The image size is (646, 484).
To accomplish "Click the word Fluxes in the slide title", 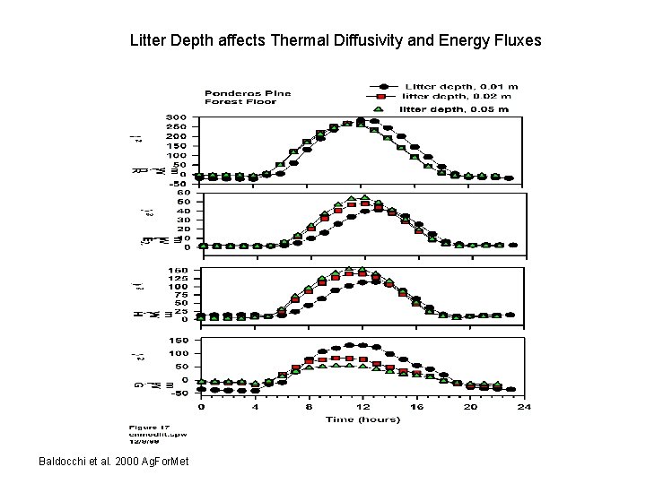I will click(x=515, y=40).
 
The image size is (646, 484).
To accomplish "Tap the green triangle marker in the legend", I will click(x=379, y=109).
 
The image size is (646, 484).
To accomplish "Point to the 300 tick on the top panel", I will click(x=176, y=117).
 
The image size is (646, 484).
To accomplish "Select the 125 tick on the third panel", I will click(x=176, y=278).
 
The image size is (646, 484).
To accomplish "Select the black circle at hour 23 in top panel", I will click(x=510, y=178).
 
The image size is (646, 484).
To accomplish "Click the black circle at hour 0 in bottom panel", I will click(x=200, y=389).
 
